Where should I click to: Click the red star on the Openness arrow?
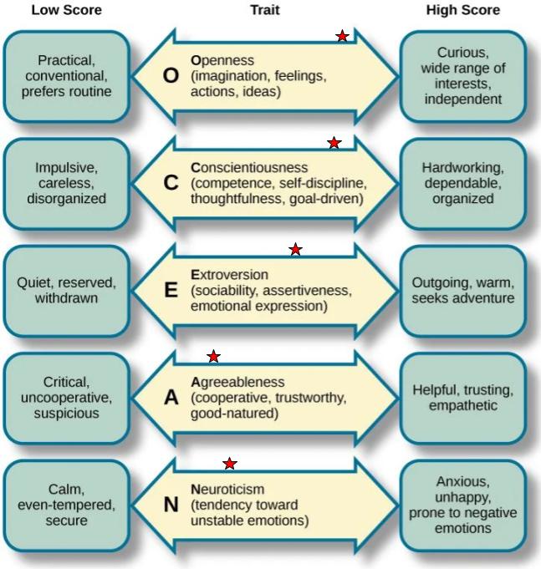[x=342, y=36]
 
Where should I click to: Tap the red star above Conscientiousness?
[x=334, y=144]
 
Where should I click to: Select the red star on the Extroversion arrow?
[x=295, y=250]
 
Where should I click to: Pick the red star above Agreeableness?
[x=214, y=357]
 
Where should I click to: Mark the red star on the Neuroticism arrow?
[x=230, y=464]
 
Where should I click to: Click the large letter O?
[x=171, y=76]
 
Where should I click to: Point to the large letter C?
[x=171, y=183]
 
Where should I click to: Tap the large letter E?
[x=171, y=290]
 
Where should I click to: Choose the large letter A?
[x=171, y=397]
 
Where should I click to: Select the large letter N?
[x=171, y=504]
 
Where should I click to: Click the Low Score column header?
[x=66, y=11]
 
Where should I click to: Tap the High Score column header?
[x=462, y=11]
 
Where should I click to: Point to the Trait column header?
[x=265, y=11]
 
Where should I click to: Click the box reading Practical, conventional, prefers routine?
[x=66, y=76]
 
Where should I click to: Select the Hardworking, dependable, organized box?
[x=462, y=183]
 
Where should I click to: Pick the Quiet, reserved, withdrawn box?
[x=66, y=290]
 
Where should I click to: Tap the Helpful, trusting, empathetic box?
[x=462, y=397]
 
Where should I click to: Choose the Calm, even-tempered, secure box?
[x=66, y=504]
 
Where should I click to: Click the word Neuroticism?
[x=227, y=489]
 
